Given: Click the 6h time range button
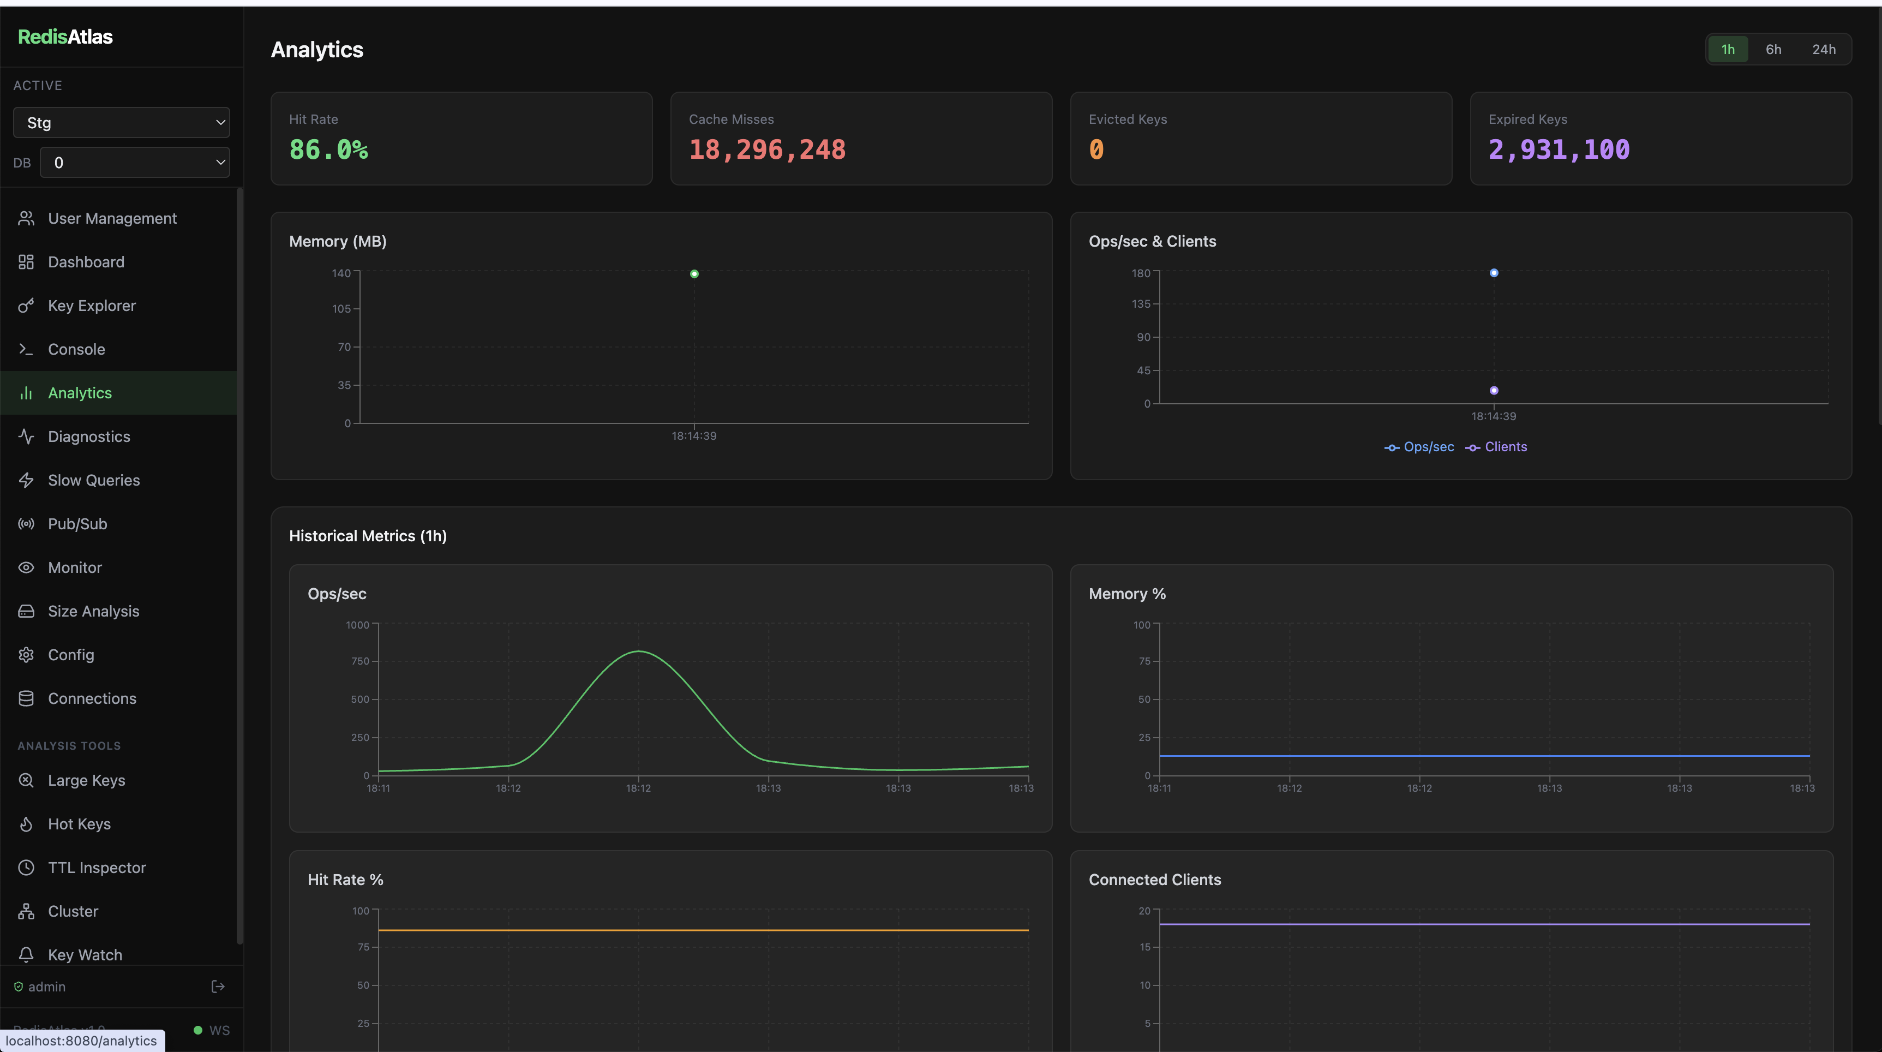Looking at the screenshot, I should click(1773, 50).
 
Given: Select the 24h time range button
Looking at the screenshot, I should click(1823, 50).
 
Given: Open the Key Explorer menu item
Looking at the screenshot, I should click(91, 306).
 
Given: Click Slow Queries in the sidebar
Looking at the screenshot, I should click(93, 480).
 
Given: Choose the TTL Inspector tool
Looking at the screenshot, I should click(97, 867).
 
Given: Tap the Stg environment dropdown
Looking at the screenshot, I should click(121, 123).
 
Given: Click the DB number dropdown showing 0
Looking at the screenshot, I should click(134, 162).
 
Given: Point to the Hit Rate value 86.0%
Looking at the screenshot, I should click(329, 150).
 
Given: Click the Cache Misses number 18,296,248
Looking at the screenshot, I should click(767, 150).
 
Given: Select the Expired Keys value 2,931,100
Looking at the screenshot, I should click(1559, 150).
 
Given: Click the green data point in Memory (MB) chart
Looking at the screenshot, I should click(694, 274).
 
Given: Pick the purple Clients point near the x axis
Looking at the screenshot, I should click(1494, 390).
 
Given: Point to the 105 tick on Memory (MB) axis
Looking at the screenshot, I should click(341, 309).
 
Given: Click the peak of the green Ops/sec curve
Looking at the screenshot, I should click(639, 651).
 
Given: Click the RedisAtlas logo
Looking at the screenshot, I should click(65, 37).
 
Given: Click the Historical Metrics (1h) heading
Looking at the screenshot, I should click(368, 535).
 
